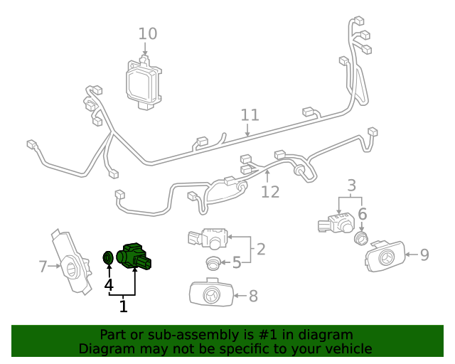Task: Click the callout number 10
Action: pyautogui.click(x=148, y=33)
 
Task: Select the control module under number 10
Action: pyautogui.click(x=145, y=82)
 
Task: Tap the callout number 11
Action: pyautogui.click(x=250, y=115)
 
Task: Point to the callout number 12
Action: pyautogui.click(x=270, y=191)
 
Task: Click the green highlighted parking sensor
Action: pyautogui.click(x=135, y=255)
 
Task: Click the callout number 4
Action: pyautogui.click(x=109, y=285)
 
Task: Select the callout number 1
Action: pyautogui.click(x=123, y=306)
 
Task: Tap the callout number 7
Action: pyautogui.click(x=43, y=267)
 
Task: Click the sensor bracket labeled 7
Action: pyautogui.click(x=73, y=262)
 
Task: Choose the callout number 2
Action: pyautogui.click(x=261, y=249)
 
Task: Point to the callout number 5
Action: pyautogui.click(x=237, y=263)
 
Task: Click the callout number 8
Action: pyautogui.click(x=252, y=296)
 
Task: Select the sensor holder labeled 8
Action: pyautogui.click(x=211, y=294)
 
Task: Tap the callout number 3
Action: pyautogui.click(x=351, y=186)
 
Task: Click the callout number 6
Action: pyautogui.click(x=362, y=214)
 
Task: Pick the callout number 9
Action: pyautogui.click(x=424, y=254)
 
